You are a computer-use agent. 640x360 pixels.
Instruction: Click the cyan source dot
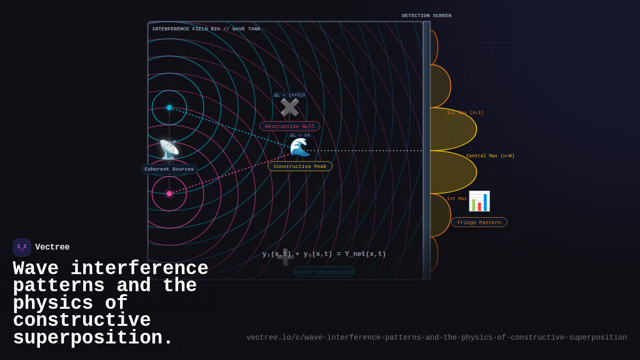pos(170,108)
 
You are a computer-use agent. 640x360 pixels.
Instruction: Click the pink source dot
pos(170,194)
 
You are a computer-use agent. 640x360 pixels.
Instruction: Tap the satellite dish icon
pos(169,150)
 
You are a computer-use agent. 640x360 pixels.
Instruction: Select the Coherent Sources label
pos(169,169)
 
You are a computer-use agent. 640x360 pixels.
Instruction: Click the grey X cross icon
pos(290,108)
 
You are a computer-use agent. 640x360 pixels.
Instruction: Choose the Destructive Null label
pos(290,126)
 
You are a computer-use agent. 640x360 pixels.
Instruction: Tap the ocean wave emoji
pos(300,148)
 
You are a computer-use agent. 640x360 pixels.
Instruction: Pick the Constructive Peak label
pos(300,166)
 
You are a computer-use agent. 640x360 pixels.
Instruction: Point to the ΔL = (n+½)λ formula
pos(290,95)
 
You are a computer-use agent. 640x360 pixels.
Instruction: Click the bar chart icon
pos(479,201)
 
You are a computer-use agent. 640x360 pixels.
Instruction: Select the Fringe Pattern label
pos(479,222)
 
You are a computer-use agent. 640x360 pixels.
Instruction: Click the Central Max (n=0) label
pos(490,156)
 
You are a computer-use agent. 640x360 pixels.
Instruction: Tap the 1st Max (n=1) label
pos(465,113)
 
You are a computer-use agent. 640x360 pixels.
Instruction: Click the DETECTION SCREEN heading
pos(427,16)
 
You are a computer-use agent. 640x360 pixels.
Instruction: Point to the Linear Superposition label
pos(324,272)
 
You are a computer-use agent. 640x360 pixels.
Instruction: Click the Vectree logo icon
pos(22,247)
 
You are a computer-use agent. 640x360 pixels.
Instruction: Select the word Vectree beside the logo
pos(52,247)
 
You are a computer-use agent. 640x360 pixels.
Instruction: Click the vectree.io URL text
pos(436,338)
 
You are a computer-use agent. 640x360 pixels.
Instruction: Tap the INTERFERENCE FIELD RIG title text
pos(206,29)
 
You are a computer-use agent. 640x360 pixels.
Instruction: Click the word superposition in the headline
pos(93,338)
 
